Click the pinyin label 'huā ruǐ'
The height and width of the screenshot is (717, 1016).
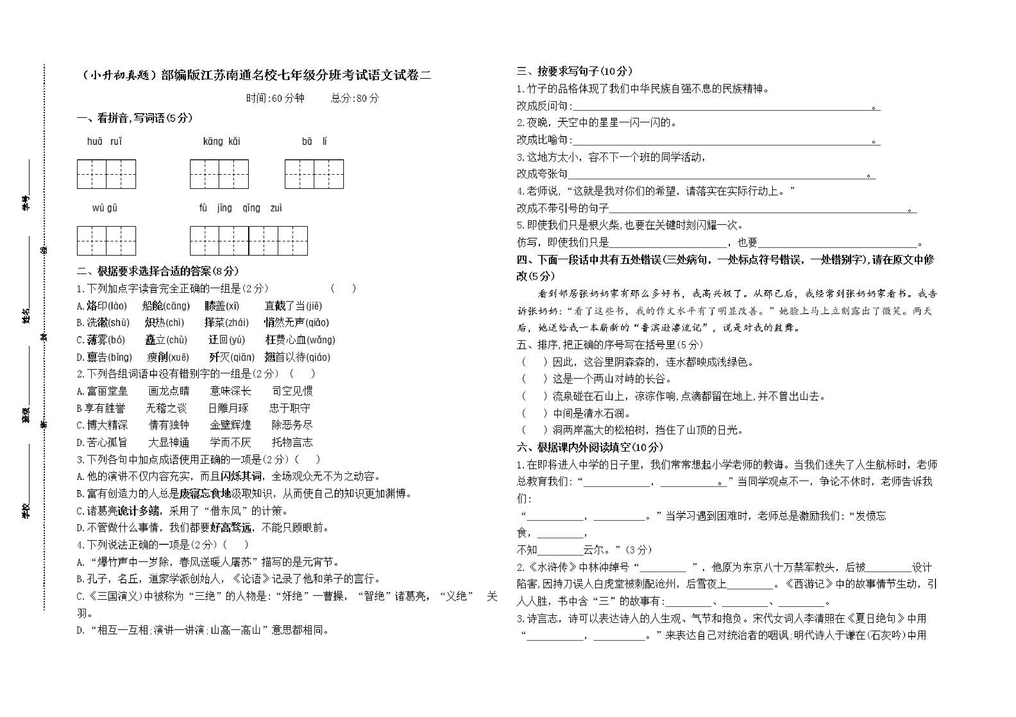pos(104,141)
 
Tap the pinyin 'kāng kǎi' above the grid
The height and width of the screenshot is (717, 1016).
pos(221,141)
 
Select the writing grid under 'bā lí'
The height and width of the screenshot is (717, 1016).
pos(314,174)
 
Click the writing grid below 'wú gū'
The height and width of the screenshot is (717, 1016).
pos(106,241)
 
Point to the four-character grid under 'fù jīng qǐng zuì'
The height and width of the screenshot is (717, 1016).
pos(249,241)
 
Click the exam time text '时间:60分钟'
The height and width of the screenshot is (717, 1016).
pos(275,98)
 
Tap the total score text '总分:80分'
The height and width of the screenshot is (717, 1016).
pos(355,98)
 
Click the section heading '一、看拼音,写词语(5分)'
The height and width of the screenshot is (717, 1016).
pos(135,118)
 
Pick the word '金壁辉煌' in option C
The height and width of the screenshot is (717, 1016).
pos(230,425)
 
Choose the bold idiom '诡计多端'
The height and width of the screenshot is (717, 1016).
pos(139,511)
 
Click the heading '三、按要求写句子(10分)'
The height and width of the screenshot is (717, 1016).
pos(575,71)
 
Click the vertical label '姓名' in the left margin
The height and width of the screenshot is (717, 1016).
pos(26,316)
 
